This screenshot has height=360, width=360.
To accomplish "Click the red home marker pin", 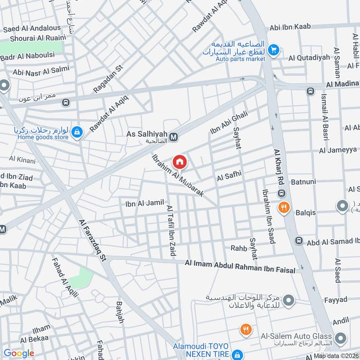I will pyautogui.click(x=180, y=162).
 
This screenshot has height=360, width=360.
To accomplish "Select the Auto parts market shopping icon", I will pyautogui.click(x=273, y=49).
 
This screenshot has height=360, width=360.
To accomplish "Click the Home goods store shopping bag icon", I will pyautogui.click(x=77, y=132).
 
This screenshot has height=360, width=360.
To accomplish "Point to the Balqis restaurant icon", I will pyautogui.click(x=283, y=207).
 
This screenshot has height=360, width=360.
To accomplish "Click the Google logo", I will pyautogui.click(x=18, y=353).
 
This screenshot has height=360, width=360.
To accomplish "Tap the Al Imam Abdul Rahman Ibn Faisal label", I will pyautogui.click(x=240, y=265).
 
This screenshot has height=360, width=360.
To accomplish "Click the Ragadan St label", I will pyautogui.click(x=108, y=79).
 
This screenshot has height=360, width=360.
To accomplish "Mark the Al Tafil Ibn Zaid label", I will pyautogui.click(x=171, y=230).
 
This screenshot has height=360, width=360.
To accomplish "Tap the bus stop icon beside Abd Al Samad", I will pyautogui.click(x=298, y=241).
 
